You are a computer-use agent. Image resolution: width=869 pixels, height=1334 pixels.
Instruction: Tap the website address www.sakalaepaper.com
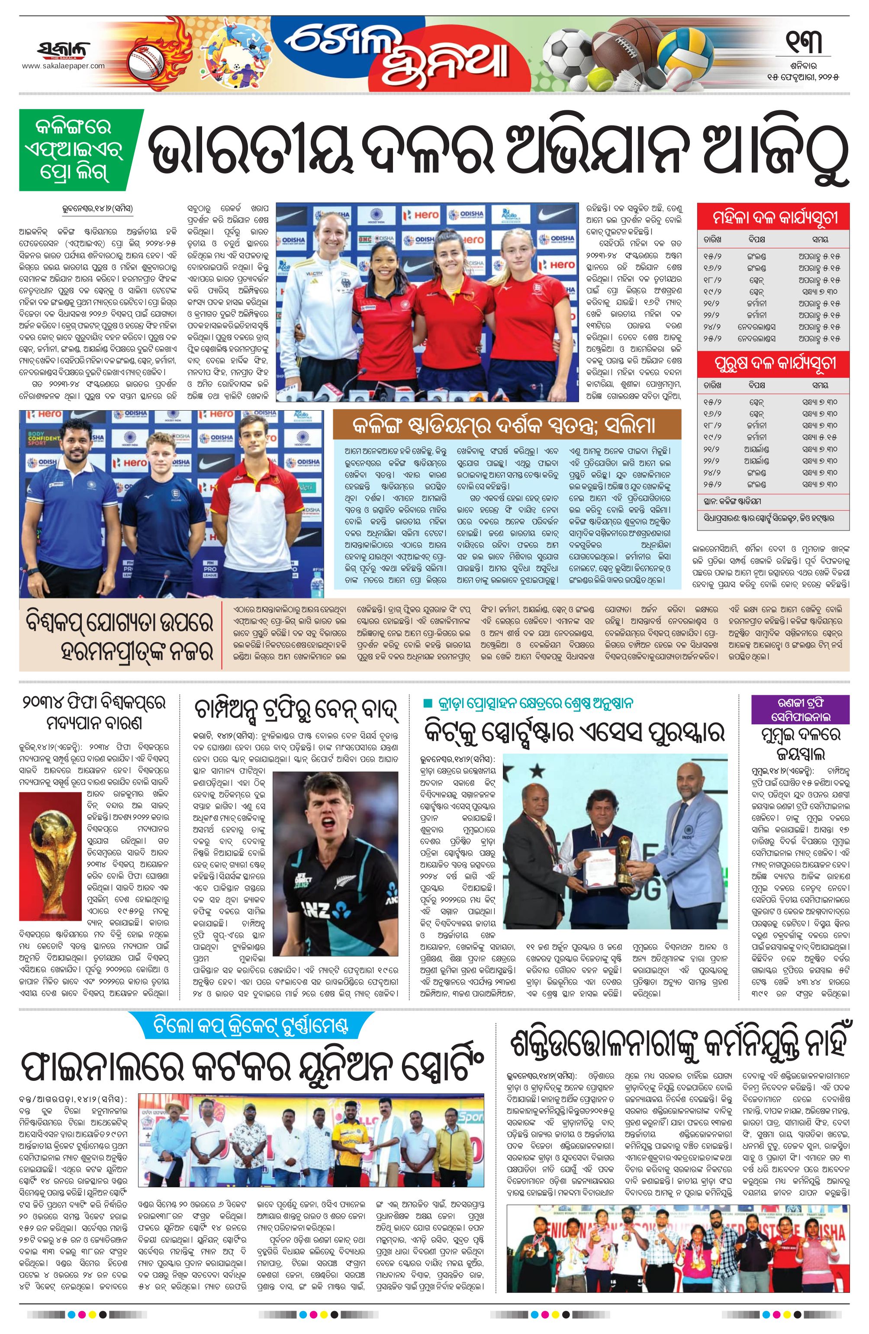[x=63, y=66]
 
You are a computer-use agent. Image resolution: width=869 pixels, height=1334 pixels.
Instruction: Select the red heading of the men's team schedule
[x=776, y=363]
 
